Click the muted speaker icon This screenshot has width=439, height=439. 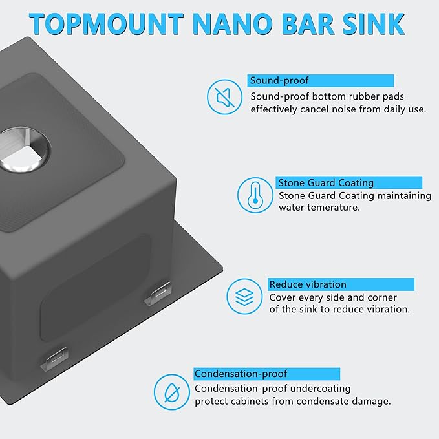pos(224,98)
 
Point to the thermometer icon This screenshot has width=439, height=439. pos(255,195)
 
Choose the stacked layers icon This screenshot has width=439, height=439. pos(244,297)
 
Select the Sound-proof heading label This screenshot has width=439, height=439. pos(280,81)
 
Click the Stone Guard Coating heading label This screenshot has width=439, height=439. pos(326,183)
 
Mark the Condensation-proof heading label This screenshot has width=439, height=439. pos(241,374)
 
